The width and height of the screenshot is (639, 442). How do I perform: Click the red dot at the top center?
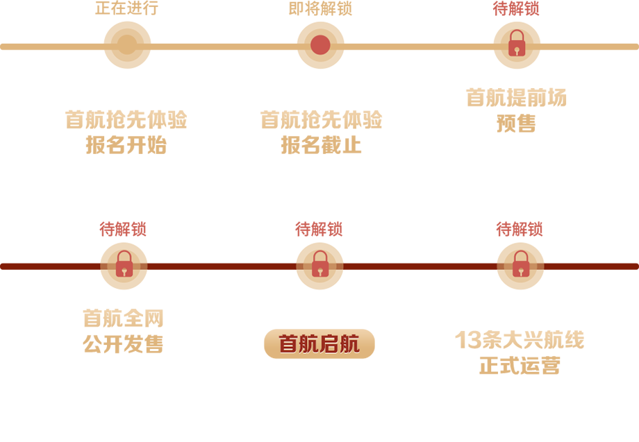pos(319,44)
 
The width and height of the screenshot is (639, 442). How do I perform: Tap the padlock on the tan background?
pos(517,44)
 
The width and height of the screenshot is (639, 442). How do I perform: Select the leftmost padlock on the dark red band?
pos(124,264)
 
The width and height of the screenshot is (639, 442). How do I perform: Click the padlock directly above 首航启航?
pos(319,264)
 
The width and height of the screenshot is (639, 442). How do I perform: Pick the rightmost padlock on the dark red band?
pos(520,264)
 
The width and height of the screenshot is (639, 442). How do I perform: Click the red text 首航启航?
pos(319,344)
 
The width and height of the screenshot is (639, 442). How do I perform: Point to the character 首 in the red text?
pos(289,344)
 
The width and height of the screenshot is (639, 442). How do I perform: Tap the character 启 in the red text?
pos(330,344)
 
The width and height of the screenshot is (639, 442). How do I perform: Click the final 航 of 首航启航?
pos(350,344)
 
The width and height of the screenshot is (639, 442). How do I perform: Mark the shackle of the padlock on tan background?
pos(517,35)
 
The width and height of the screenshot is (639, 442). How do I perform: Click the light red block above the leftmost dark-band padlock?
pos(124,212)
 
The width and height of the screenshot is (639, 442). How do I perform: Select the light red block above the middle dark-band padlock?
pos(319,212)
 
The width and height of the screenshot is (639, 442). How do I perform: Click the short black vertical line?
pos(465,96)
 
